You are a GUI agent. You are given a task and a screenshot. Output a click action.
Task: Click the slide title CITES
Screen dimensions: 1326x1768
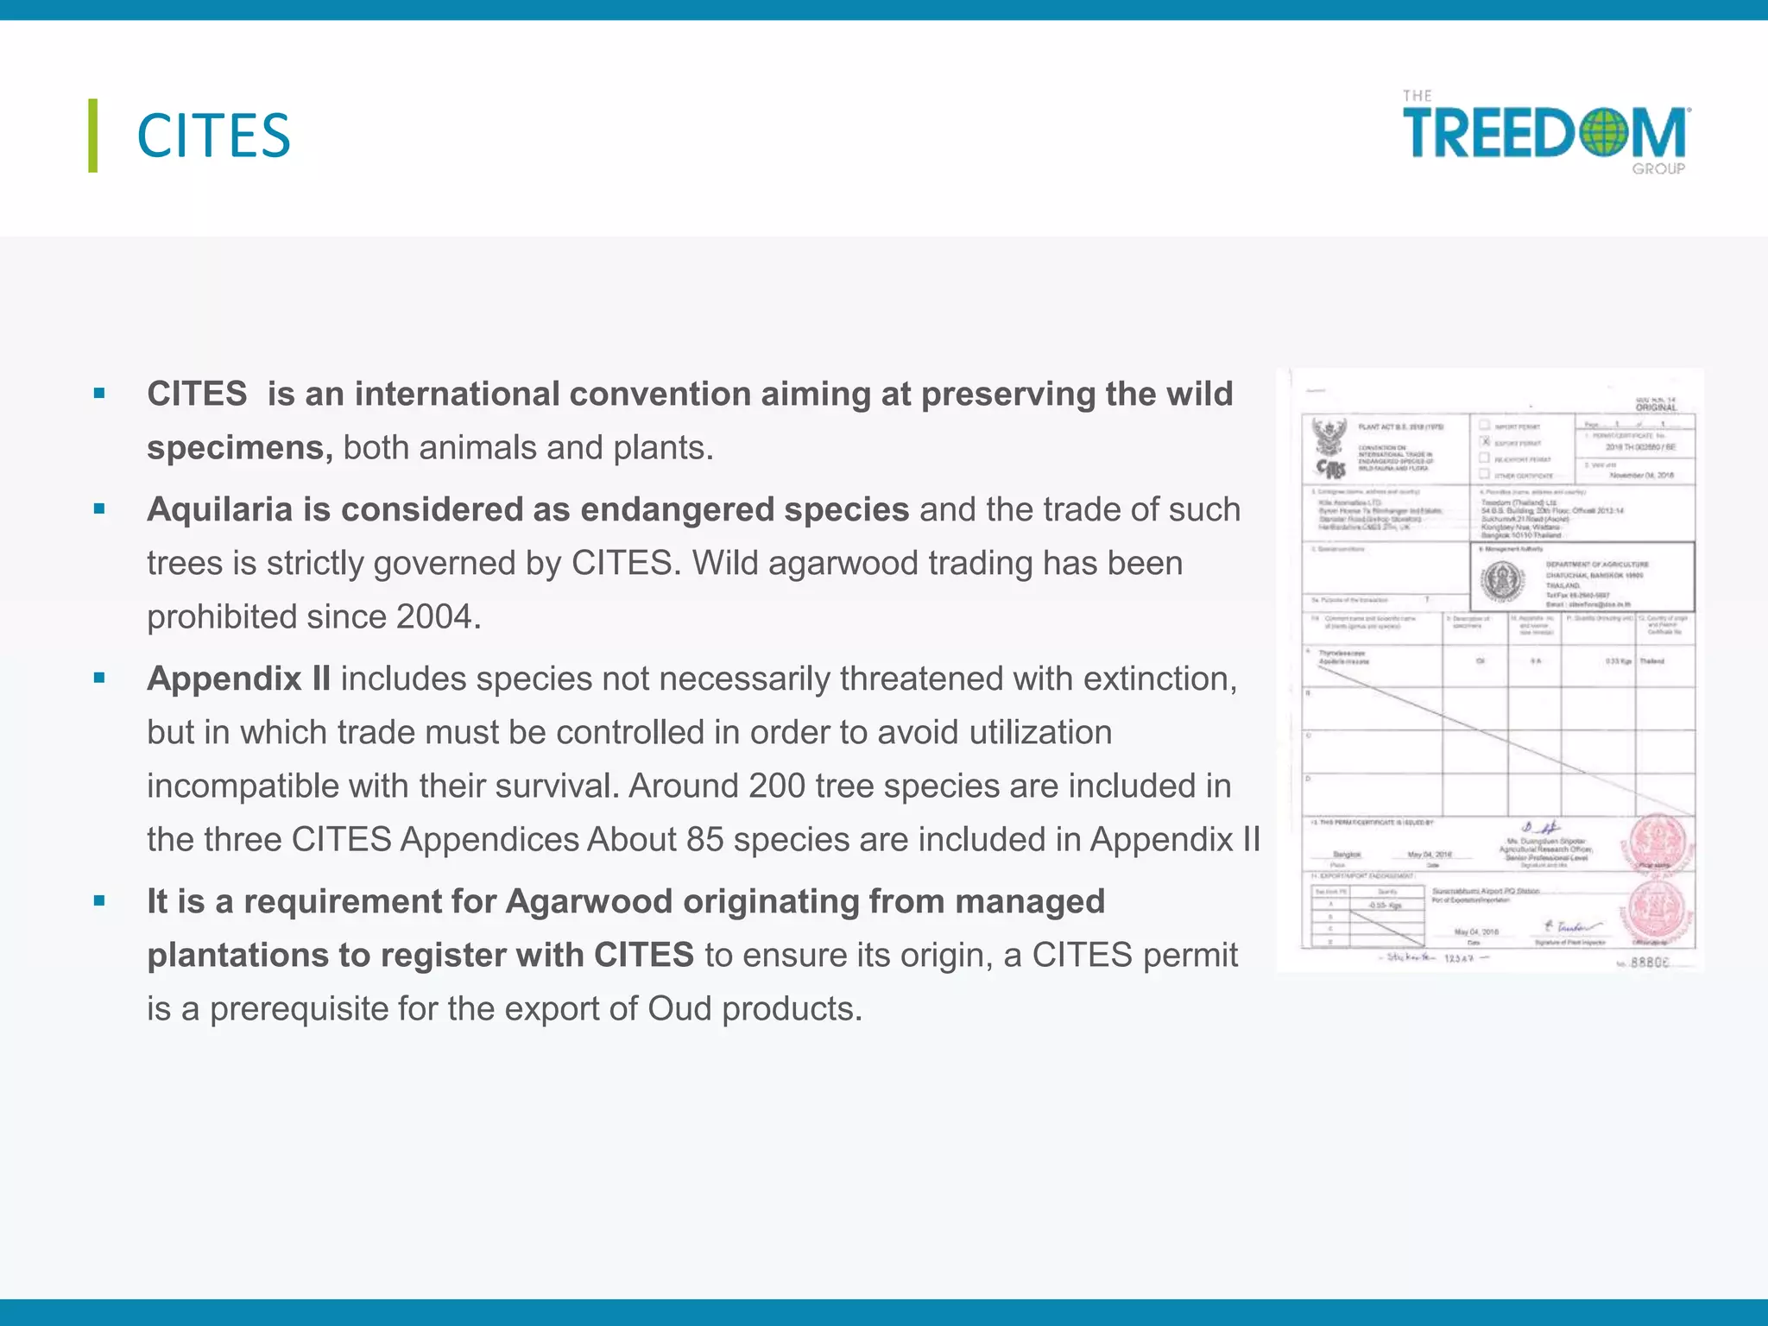[x=213, y=136]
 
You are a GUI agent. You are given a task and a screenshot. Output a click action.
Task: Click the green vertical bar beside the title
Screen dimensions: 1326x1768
[x=92, y=136]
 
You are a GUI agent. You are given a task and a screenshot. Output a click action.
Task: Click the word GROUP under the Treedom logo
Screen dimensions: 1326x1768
[x=1657, y=169]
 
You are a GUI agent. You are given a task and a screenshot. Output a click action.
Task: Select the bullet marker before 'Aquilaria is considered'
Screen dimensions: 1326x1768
[x=99, y=509]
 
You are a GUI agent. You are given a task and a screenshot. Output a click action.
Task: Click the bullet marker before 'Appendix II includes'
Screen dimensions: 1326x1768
[x=99, y=679]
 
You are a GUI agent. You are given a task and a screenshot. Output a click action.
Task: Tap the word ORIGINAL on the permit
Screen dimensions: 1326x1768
[x=1656, y=407]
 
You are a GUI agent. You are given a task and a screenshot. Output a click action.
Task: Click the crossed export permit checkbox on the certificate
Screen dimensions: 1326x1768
[x=1486, y=442]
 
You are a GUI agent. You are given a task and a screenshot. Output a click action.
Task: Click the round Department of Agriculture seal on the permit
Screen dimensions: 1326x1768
[x=1503, y=581]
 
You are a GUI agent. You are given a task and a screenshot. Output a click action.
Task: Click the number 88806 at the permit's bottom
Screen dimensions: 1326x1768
[x=1649, y=962]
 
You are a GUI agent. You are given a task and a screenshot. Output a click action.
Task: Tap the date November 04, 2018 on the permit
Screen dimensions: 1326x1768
[x=1641, y=476]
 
